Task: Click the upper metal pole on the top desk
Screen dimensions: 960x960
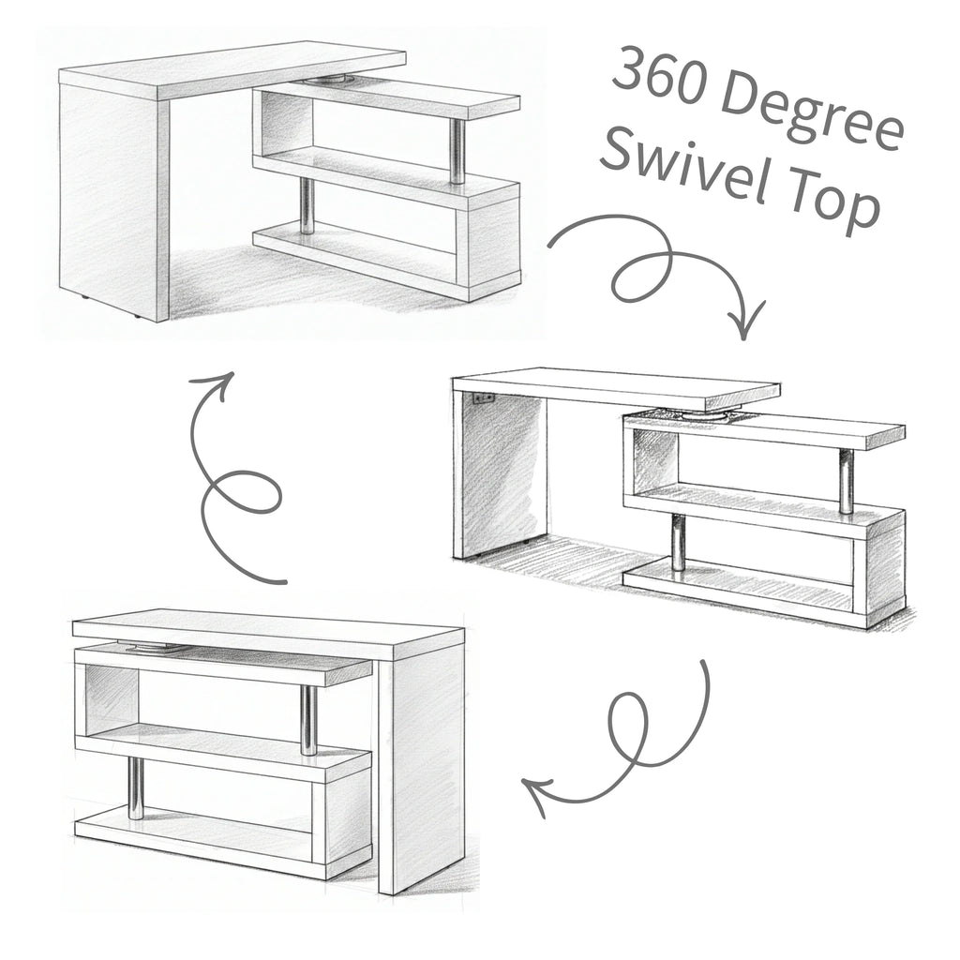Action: pyautogui.click(x=457, y=151)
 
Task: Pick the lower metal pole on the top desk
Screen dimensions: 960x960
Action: pyautogui.click(x=307, y=205)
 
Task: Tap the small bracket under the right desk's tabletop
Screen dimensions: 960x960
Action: pyautogui.click(x=483, y=397)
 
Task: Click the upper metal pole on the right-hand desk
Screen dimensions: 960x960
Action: pyautogui.click(x=846, y=480)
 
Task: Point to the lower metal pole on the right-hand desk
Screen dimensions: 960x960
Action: pyautogui.click(x=677, y=541)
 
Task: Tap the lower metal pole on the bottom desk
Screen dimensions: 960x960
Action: pyautogui.click(x=137, y=787)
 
